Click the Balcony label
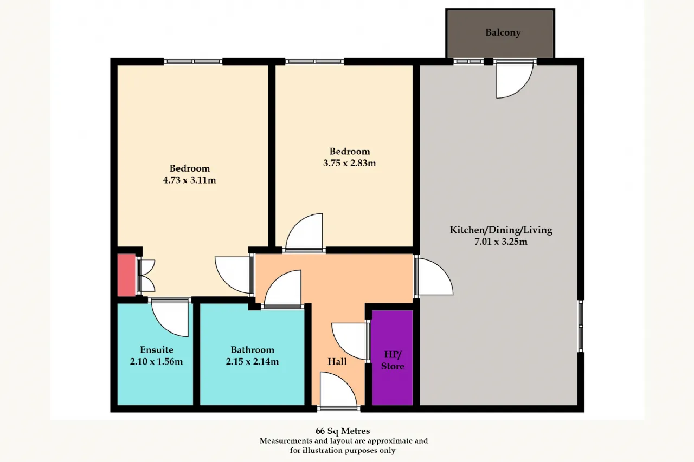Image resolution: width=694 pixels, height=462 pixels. point(503,32)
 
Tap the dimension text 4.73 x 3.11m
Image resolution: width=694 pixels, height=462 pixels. point(189,180)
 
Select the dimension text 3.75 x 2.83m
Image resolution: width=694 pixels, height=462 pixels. point(350,163)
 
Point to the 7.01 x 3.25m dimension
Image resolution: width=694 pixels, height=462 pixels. point(500,242)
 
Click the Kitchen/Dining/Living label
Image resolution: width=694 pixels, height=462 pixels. point(500,230)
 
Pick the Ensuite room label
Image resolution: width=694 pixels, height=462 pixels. point(157,350)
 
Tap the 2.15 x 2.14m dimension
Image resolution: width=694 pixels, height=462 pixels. point(252,361)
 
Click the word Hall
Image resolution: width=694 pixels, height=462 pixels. point(337,361)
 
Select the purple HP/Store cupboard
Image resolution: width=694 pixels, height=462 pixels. point(392,357)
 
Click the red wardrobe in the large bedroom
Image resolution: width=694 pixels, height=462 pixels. point(126,275)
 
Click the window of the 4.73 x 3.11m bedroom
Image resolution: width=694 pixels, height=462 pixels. point(193,62)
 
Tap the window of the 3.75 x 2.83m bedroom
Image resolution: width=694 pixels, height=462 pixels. point(314,62)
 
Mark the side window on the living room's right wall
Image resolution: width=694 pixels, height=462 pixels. point(581,326)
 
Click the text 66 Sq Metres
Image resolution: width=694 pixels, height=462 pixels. point(342,431)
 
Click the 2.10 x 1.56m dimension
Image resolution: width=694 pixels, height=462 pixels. point(157,361)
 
